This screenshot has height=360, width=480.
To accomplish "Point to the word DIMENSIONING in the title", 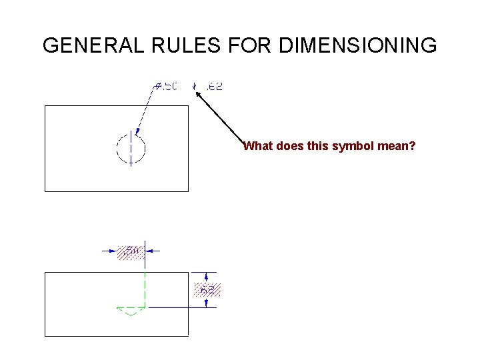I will [359, 46].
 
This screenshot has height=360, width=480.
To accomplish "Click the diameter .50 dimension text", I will [166, 86].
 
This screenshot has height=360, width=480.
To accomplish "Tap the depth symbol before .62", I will [194, 86].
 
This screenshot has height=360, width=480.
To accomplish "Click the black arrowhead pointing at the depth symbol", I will [199, 95].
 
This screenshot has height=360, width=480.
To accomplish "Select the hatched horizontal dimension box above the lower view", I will [130, 251].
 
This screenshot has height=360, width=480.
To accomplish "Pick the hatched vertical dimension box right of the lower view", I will [207, 290].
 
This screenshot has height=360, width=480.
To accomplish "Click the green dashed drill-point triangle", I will [131, 311].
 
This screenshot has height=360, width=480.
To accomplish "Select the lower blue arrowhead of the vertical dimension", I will [207, 303].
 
